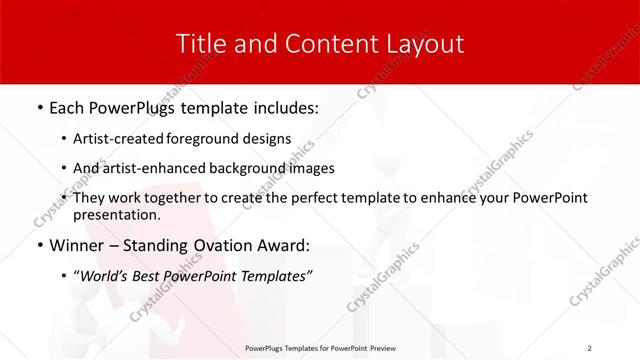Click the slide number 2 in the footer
pos(590,347)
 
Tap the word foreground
pos(211,138)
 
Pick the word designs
pos(267,138)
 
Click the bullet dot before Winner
pos(39,245)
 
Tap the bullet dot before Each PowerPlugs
pos(39,107)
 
